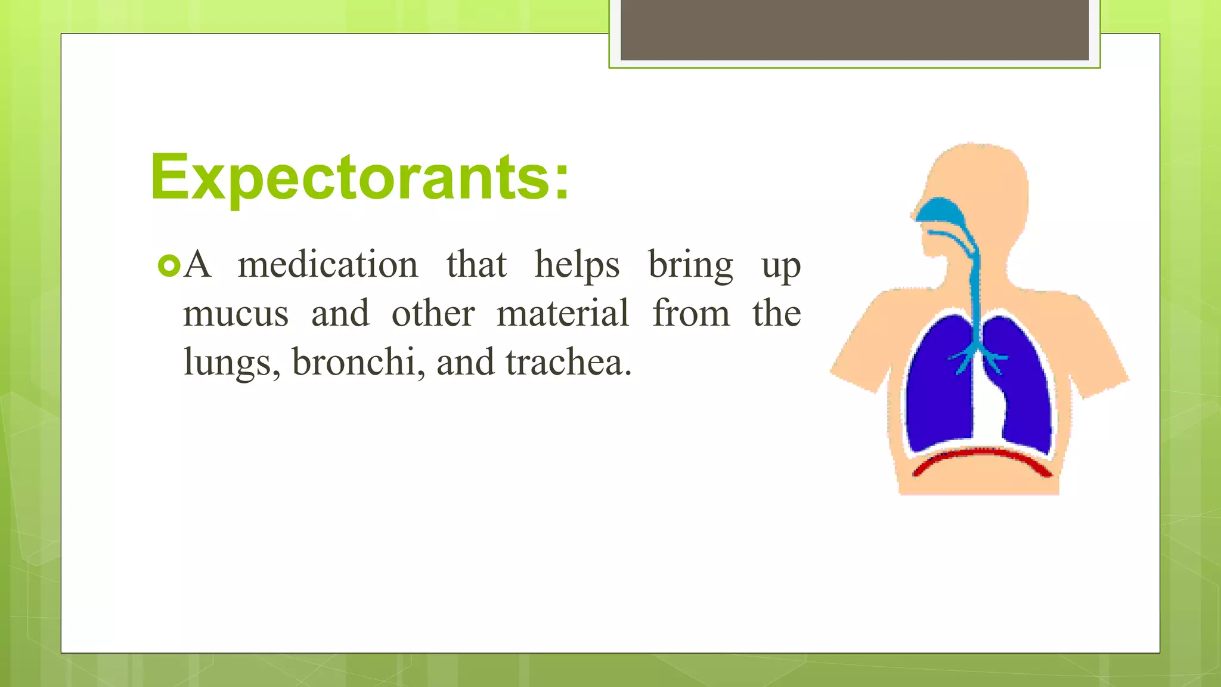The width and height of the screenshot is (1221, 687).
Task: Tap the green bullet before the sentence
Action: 169,266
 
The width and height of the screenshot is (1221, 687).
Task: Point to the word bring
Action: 690,266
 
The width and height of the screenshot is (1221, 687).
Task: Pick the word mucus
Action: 235,314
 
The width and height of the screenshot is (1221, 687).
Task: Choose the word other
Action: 433,314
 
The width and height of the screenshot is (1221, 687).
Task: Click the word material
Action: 563,314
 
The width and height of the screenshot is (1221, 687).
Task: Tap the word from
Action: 691,314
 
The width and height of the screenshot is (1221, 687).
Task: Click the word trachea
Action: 568,363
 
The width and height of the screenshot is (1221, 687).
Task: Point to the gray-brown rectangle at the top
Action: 854,30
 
